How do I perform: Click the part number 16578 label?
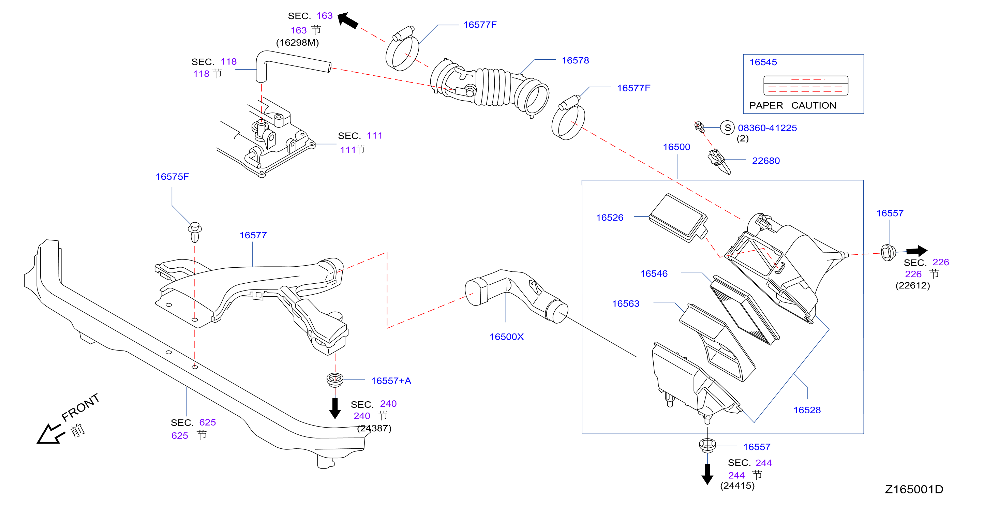point(575,60)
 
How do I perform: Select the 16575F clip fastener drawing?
point(195,232)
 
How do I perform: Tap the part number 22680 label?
point(766,161)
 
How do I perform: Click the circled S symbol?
point(727,128)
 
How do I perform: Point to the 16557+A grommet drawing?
point(335,380)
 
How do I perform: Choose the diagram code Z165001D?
point(914,489)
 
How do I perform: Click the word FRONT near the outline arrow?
point(80,407)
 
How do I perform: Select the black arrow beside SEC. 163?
point(348,20)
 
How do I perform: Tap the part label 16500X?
point(507,337)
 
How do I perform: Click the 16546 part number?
point(654,274)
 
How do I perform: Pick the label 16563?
point(626,303)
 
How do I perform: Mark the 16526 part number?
point(610,218)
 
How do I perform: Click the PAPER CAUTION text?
point(793,105)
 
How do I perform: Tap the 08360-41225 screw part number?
point(767,128)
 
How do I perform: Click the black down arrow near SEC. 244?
point(707,474)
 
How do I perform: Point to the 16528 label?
point(807,410)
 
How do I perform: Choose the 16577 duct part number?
point(253,235)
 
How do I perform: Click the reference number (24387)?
point(374,428)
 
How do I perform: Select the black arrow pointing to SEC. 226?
point(917,251)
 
